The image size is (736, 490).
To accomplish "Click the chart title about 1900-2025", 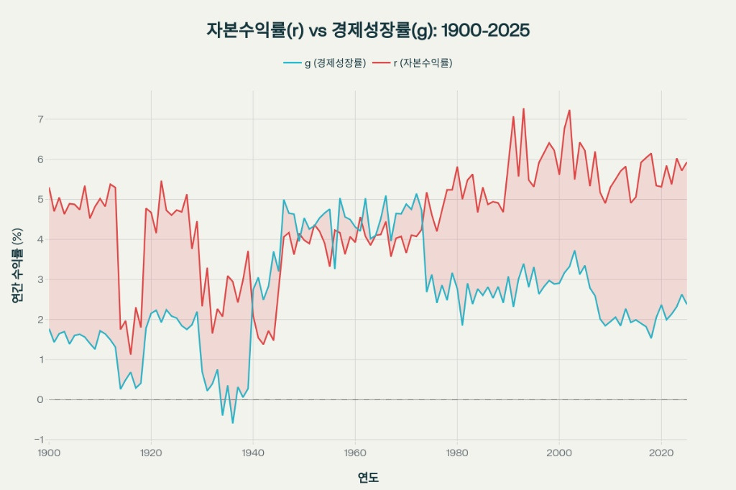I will coord(368,30).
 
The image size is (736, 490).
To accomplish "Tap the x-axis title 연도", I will coord(368,477).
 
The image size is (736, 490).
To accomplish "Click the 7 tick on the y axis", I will coord(40,119).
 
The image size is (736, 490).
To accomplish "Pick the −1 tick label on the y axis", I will coord(39,440).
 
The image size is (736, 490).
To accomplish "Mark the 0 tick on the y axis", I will coord(40,399).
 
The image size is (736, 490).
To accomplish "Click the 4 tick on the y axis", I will coord(40,239).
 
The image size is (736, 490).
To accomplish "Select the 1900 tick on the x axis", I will coord(49,453).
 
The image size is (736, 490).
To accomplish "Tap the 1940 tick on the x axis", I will coord(253,453).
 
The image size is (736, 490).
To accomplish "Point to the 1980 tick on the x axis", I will coord(457,453).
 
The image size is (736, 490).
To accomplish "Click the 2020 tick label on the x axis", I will coord(661,453).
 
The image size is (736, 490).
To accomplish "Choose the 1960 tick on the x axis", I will coord(355,453).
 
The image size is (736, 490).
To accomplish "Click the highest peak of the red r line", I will coord(523,108).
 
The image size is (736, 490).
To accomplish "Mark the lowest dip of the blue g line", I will coord(232,422).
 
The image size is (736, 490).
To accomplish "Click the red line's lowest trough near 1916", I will coord(131,354).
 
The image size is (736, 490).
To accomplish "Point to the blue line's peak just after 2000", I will coord(574,251).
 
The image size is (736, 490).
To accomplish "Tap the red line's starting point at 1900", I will coord(49,188).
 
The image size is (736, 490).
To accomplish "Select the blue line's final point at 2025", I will coord(686,304).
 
